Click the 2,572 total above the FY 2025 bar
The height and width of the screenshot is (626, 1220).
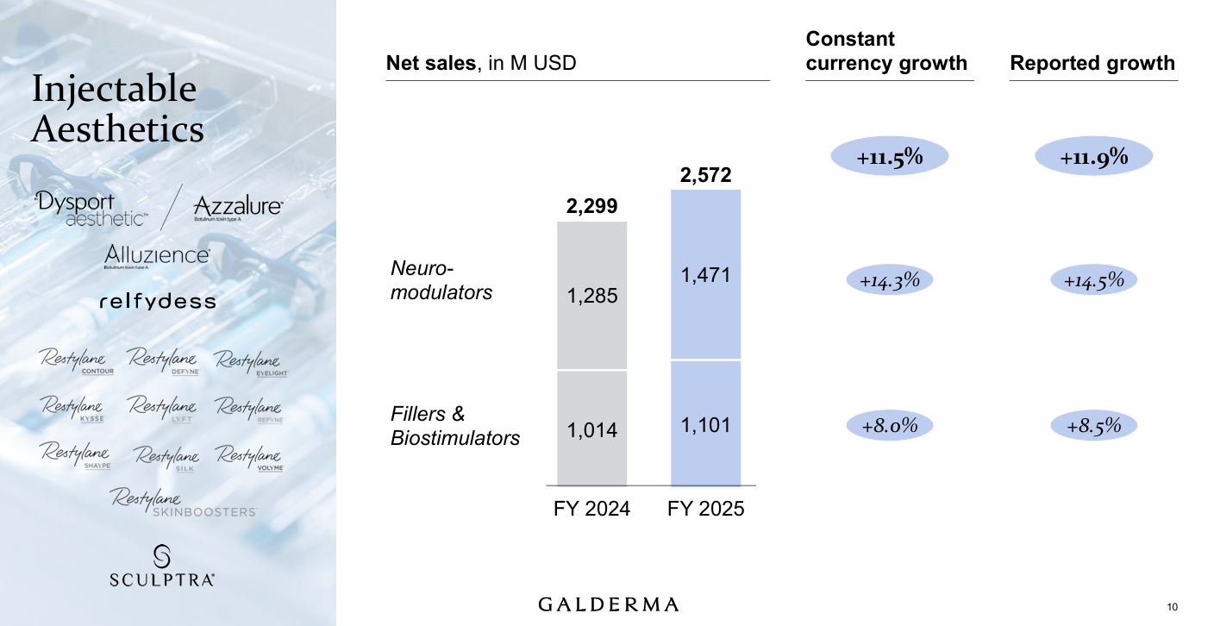[705, 176]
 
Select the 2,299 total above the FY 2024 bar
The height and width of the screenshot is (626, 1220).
[592, 207]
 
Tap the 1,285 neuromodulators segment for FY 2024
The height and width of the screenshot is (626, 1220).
[592, 296]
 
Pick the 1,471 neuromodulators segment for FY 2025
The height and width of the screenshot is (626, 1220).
[705, 275]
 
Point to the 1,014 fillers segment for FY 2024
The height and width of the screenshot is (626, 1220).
[592, 429]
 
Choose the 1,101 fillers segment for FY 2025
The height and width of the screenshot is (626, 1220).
[705, 424]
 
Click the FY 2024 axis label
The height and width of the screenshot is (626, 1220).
[591, 509]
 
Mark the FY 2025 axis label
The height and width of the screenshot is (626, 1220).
[705, 509]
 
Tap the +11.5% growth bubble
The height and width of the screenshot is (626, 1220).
[889, 157]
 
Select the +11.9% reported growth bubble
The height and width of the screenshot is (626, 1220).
[1093, 157]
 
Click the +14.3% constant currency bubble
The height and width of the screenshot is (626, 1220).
[889, 280]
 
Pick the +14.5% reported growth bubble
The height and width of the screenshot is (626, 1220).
[1093, 280]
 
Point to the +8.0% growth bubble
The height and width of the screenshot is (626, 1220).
[889, 425]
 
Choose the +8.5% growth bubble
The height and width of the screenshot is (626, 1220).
[1093, 425]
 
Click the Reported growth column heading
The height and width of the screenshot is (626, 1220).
[1092, 63]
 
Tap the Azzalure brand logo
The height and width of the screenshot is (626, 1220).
[238, 208]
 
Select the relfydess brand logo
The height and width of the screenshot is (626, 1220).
[158, 302]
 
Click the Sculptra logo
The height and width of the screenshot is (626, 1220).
[161, 567]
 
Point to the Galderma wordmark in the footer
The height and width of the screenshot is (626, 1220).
[609, 604]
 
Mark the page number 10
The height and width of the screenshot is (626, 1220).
[1172, 604]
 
